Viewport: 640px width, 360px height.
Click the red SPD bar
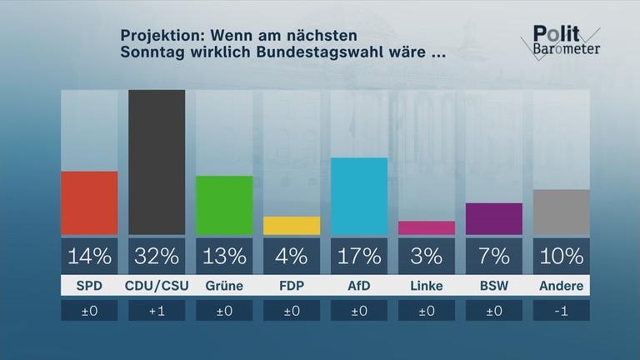(89, 202)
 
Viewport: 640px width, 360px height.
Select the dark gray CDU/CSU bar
(157, 162)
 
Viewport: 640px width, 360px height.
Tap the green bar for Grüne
(224, 205)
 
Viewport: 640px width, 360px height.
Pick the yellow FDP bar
(292, 225)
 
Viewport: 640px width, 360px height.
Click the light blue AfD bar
(359, 196)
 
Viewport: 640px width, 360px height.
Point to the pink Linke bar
(427, 227)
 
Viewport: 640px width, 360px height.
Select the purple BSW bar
(494, 218)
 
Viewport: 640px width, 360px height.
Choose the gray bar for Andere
(562, 212)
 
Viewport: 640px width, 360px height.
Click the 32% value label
(157, 255)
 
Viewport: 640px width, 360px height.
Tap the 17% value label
(359, 255)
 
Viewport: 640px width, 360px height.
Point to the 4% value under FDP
(292, 255)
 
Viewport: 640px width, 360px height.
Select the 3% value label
(427, 255)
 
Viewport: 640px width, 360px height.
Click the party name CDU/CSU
(157, 286)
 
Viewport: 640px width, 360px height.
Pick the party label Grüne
(224, 286)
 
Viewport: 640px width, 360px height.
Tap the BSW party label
(494, 286)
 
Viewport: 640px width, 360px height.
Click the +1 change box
(157, 311)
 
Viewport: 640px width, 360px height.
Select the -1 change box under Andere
(562, 311)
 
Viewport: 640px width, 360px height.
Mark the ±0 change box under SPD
(89, 311)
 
